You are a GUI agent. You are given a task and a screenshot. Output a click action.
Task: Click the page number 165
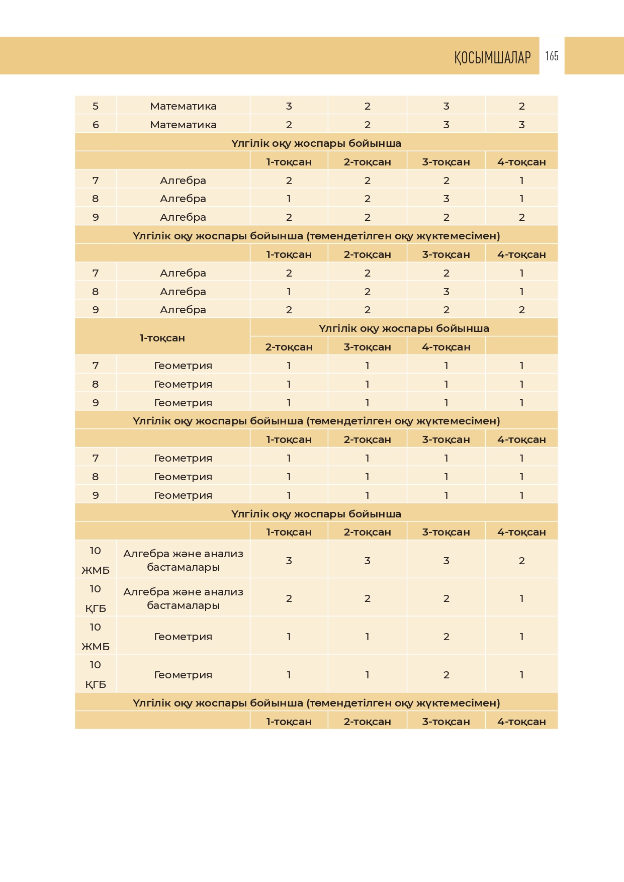coord(552,56)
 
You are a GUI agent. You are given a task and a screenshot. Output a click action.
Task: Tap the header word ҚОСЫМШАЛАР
coord(492,57)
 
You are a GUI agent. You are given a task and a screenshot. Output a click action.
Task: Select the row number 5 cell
coord(96,106)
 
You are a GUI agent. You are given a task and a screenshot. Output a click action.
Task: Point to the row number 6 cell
coord(96,125)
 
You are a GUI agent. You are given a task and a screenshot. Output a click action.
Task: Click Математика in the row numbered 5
coord(183,106)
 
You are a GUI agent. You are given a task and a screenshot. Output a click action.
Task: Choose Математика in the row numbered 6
coord(183,125)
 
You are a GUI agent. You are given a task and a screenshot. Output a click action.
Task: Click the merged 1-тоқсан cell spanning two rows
coord(162,338)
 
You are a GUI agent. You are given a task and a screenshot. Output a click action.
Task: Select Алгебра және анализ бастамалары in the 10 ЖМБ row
coord(183,560)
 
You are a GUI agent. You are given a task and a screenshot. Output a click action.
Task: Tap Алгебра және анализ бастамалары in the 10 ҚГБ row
coord(183,598)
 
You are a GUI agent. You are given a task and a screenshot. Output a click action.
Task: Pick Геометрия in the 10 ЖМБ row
coord(183,637)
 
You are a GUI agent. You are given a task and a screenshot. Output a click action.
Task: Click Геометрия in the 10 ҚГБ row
coord(183,675)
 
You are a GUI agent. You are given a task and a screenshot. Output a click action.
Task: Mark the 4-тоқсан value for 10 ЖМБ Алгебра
coord(521,561)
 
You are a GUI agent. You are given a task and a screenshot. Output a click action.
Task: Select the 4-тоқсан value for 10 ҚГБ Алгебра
coord(521,598)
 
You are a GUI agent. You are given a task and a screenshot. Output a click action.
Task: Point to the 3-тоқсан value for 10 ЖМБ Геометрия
coord(446,637)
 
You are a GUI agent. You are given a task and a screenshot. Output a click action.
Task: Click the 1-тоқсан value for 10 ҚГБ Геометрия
coord(289,675)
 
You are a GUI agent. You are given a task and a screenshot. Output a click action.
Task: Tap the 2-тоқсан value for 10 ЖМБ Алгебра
coord(367,561)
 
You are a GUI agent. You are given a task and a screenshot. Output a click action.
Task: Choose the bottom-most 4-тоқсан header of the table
coord(521,722)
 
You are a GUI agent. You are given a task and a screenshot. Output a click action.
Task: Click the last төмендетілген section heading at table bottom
coord(316,703)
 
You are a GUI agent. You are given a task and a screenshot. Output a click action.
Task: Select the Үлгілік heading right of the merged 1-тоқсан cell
coord(404,328)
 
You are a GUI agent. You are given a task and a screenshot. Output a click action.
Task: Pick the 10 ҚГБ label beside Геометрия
coord(96,674)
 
